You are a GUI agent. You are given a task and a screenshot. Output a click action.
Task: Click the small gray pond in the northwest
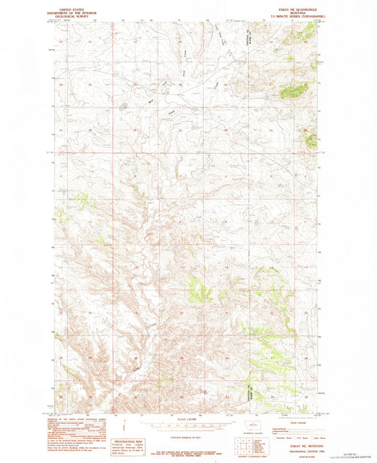coord(124,107)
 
